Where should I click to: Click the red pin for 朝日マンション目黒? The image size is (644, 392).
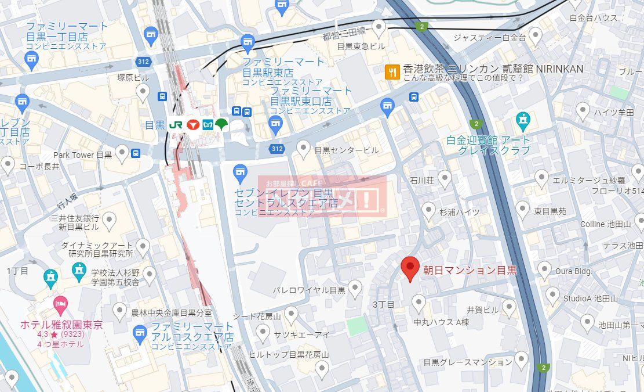[x=410, y=268]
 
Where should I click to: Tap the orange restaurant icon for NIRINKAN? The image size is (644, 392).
[x=392, y=72]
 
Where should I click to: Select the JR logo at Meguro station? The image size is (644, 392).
[x=176, y=125]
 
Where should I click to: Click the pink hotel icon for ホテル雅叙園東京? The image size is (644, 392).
[x=60, y=303]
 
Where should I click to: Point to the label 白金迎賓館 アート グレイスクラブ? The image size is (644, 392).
[x=488, y=145]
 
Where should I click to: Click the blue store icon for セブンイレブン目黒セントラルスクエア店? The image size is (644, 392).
[x=239, y=172]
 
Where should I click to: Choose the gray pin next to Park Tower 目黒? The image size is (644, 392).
[x=122, y=153]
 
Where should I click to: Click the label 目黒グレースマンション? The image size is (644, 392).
[x=468, y=362]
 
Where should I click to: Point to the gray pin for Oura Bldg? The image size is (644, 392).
[x=544, y=269]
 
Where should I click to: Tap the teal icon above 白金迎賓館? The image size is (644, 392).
[x=523, y=121]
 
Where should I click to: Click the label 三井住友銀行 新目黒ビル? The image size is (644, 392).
[x=75, y=223]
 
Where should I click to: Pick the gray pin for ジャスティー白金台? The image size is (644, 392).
[x=536, y=37]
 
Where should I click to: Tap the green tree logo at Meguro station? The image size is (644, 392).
[x=221, y=124]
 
